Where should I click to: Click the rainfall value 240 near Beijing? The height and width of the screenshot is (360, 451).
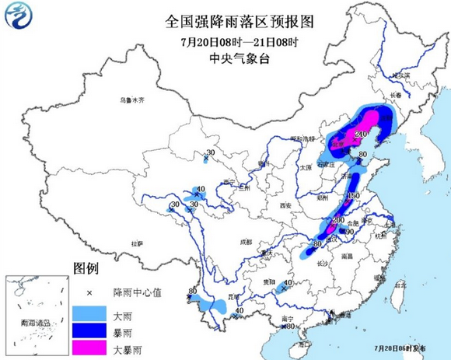[x=360, y=135]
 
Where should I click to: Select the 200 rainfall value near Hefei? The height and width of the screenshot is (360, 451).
[x=337, y=220]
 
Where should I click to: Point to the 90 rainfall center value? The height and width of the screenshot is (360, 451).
[x=350, y=232]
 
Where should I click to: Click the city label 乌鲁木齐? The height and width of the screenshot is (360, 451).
[x=132, y=100]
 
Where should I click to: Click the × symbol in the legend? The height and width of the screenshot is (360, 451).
[x=89, y=292]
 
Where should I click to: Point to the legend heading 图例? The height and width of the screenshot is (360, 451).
[x=86, y=269]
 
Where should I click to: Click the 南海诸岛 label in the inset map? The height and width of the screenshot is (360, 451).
[x=35, y=323]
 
